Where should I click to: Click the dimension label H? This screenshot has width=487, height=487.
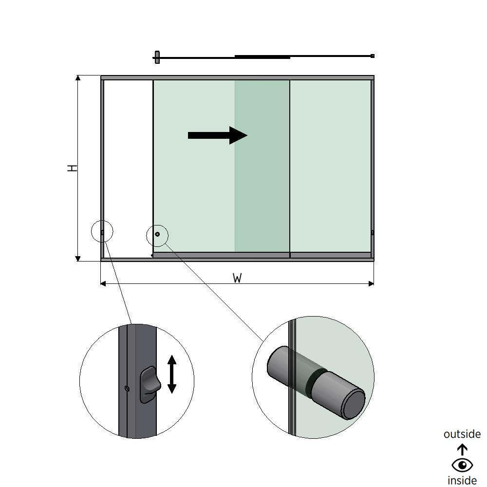[x=72, y=168]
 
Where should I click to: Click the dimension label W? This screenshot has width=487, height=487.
[x=237, y=278]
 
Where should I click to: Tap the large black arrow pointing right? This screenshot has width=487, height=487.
[x=217, y=135]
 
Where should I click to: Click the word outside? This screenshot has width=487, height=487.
[x=462, y=434]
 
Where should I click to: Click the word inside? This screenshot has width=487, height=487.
[x=462, y=480]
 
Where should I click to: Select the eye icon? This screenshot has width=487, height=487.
[x=462, y=465]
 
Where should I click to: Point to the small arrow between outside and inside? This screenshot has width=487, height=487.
[x=462, y=449]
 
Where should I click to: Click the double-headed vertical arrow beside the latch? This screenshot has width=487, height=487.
[x=171, y=374]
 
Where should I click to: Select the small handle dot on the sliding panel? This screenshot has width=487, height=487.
[x=157, y=234]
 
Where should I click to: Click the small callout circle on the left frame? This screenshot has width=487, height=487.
[x=102, y=232]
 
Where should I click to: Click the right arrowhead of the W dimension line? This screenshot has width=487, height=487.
[x=372, y=283]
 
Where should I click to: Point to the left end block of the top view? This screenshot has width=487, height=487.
[x=157, y=57]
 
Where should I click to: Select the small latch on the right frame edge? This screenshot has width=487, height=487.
[x=373, y=233]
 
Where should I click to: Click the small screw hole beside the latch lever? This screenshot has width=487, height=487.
[x=127, y=388]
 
